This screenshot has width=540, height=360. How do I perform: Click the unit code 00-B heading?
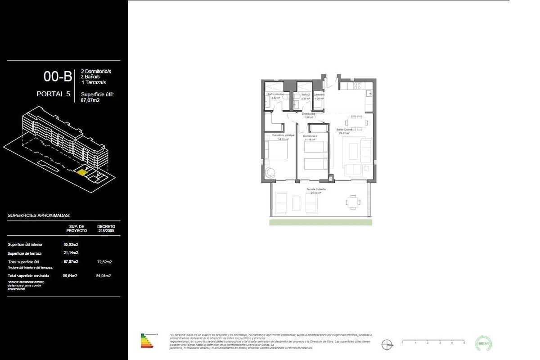(x=58, y=76)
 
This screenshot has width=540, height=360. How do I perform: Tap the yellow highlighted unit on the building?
(x=81, y=172)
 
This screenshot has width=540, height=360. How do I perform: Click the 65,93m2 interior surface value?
(x=71, y=244)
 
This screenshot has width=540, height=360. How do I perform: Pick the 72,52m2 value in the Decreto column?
(x=104, y=261)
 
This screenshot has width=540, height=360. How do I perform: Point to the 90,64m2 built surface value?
(x=71, y=275)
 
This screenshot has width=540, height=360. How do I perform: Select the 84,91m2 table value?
(x=104, y=275)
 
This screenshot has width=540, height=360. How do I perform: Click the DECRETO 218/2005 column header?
(x=106, y=228)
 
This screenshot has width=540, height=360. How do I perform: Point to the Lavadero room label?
(x=319, y=95)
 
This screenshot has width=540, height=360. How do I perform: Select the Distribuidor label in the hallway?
(x=308, y=114)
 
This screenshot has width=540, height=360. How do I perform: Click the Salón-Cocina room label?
(x=344, y=130)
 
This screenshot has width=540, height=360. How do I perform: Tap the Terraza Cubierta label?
(x=316, y=189)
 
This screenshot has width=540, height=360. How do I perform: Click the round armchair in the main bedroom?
(x=270, y=172)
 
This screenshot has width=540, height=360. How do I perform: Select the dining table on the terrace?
(x=353, y=202)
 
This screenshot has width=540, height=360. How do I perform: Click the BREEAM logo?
(x=484, y=342)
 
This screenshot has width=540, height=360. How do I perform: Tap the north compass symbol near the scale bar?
(x=386, y=345)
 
